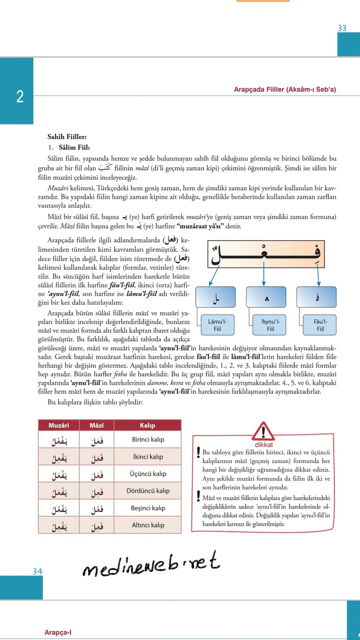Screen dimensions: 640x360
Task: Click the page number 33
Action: point(342,28)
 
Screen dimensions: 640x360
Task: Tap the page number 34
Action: point(38,571)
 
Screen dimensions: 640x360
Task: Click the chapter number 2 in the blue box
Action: point(20,96)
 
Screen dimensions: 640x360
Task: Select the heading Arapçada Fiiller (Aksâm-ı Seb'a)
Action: point(285,90)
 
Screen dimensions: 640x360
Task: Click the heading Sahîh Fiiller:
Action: point(67,137)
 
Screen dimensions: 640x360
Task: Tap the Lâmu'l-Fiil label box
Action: point(217,325)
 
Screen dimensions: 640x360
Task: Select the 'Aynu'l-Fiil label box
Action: point(270,325)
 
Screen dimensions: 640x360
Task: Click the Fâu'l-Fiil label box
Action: point(320,325)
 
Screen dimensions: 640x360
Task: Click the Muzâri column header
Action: point(59,425)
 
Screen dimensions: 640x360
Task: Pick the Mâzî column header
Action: point(96,425)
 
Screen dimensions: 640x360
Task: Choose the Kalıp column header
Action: point(148,425)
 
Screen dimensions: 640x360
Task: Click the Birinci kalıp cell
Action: point(148,439)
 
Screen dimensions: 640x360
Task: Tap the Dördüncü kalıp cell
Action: point(148,491)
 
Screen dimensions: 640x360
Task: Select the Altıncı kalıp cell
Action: point(148,525)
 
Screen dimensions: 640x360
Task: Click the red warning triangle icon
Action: point(264,431)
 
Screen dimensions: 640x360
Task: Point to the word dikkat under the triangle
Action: point(264,445)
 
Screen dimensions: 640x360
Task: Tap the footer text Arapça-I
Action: point(58,632)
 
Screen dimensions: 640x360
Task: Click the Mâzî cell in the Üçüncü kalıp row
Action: point(96,474)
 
